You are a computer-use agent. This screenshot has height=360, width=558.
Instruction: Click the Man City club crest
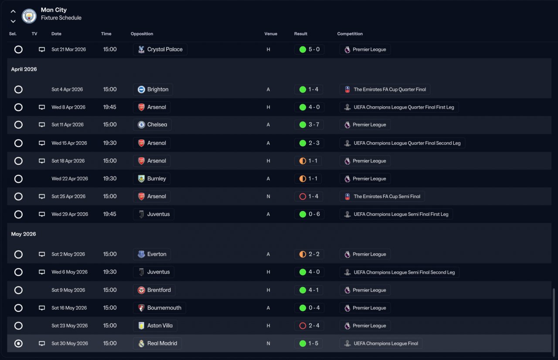point(29,16)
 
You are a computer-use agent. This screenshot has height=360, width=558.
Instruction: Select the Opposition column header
point(142,34)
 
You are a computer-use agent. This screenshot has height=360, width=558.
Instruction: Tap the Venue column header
point(270,34)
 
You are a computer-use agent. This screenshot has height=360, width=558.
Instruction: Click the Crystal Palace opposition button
point(160,50)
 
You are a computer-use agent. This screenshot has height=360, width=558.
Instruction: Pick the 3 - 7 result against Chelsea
point(309,125)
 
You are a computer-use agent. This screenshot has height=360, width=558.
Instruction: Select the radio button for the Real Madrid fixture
point(18,343)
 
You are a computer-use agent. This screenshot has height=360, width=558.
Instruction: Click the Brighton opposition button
point(153,89)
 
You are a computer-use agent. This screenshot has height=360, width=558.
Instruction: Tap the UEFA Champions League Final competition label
point(381,343)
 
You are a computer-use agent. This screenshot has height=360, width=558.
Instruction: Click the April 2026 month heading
point(24,69)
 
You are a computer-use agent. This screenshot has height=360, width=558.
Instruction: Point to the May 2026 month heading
point(24,234)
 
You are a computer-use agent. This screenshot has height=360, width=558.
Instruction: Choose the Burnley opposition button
point(152,179)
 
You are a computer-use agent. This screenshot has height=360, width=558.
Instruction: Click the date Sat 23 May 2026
point(69,326)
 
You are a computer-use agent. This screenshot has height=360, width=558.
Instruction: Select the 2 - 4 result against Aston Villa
point(309,326)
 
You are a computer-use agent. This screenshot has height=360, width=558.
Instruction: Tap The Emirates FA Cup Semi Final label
point(382,197)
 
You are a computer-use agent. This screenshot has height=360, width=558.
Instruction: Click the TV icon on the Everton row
point(42,254)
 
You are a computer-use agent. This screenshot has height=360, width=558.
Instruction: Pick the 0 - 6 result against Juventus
point(309,214)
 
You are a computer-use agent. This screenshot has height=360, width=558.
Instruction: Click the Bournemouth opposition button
point(160,308)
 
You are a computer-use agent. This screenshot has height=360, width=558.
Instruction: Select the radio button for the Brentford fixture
point(18,290)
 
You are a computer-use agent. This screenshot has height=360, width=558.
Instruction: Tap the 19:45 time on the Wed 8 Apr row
point(110,107)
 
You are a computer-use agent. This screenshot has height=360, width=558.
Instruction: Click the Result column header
point(300,34)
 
